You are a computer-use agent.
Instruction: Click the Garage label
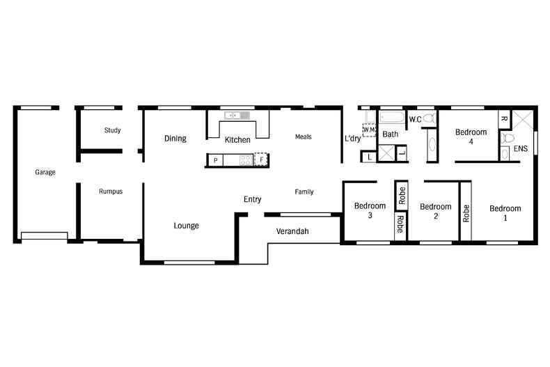(x=45, y=172)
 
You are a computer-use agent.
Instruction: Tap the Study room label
(x=113, y=130)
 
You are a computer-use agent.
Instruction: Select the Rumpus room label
(x=111, y=192)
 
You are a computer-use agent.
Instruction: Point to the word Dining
(x=175, y=139)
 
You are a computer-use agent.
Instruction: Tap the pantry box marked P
(x=216, y=161)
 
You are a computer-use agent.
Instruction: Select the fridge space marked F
(x=261, y=160)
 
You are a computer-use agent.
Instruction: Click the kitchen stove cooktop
(x=246, y=161)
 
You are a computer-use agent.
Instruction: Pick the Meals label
(x=303, y=136)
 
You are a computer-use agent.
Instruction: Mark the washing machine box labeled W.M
(x=369, y=130)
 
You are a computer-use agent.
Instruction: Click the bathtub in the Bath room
(x=392, y=118)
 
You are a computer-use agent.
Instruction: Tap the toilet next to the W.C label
(x=429, y=119)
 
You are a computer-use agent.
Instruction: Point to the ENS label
(x=520, y=149)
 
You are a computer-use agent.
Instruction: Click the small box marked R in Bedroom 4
(x=504, y=119)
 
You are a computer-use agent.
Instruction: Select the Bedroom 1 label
(x=505, y=212)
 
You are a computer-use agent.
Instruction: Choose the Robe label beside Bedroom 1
(x=465, y=212)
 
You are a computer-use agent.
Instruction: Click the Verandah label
(x=292, y=231)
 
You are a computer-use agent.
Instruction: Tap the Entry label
(x=252, y=199)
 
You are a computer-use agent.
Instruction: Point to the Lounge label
(x=186, y=226)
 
